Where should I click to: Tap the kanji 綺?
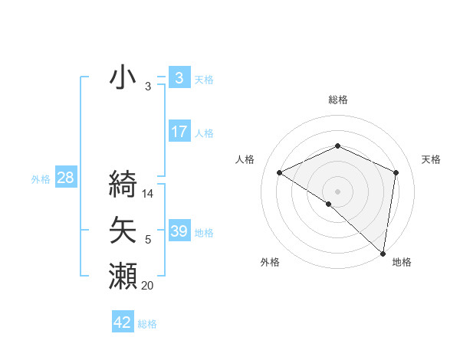pyautogui.click(x=123, y=184)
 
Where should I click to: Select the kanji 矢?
pyautogui.click(x=123, y=230)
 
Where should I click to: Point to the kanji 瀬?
pyautogui.click(x=123, y=276)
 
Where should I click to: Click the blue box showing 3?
pyautogui.click(x=179, y=77)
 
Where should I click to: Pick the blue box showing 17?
pyautogui.click(x=179, y=132)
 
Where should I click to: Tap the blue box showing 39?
pyautogui.click(x=179, y=231)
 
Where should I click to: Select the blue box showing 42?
pyautogui.click(x=122, y=322)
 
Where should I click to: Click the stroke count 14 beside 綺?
pyautogui.click(x=149, y=194)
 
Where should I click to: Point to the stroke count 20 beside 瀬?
pyautogui.click(x=148, y=286)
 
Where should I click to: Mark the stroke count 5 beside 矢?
pyautogui.click(x=148, y=241)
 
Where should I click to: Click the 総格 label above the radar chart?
pyautogui.click(x=337, y=100)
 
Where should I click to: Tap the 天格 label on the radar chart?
pyautogui.click(x=431, y=159)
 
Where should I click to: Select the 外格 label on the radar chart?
pyautogui.click(x=269, y=262)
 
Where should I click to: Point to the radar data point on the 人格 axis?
pyautogui.click(x=280, y=172)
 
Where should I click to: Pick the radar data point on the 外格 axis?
pyautogui.click(x=329, y=204)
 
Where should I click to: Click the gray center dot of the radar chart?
pyautogui.click(x=337, y=191)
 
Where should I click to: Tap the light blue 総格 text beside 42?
pyautogui.click(x=147, y=324)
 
